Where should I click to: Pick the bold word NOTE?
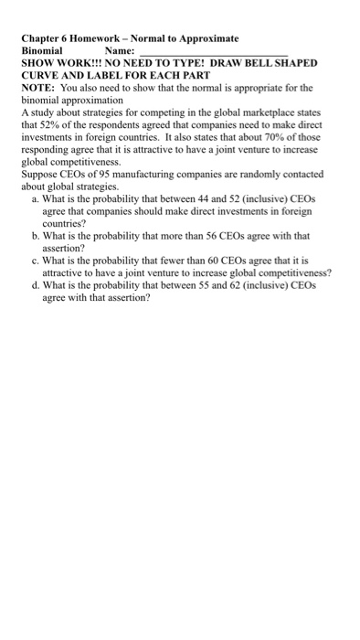[x=38, y=88]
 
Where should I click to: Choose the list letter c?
[x=34, y=260]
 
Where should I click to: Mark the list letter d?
[x=34, y=284]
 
